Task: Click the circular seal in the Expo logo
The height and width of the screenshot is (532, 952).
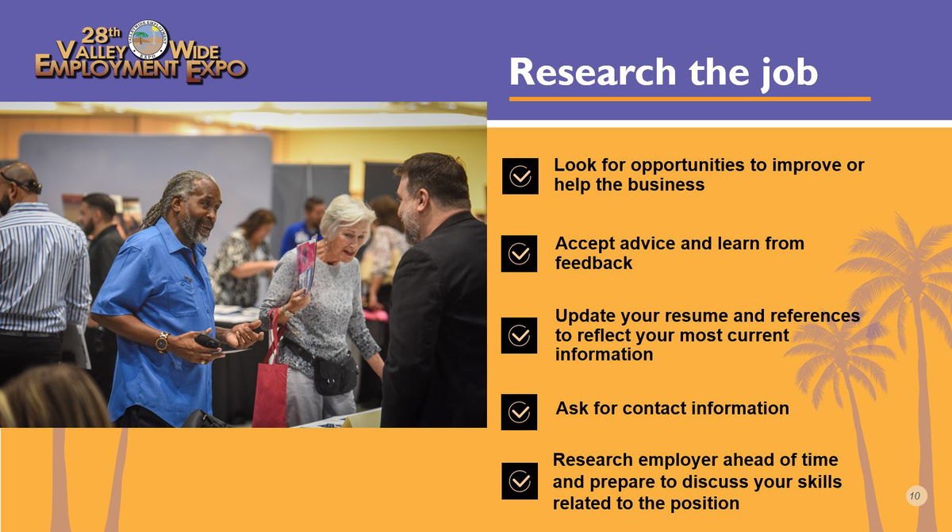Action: [148, 40]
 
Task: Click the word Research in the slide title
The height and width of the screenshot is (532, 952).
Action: [593, 72]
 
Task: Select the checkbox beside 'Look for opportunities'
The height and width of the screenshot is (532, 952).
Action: [520, 176]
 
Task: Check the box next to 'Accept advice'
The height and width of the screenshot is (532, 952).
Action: [519, 254]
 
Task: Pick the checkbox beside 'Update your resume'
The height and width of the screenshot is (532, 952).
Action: [519, 336]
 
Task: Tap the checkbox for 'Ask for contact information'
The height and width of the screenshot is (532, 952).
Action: [519, 412]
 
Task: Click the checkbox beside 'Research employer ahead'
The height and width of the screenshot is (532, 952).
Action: [520, 481]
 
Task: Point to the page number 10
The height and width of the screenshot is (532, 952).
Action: [916, 495]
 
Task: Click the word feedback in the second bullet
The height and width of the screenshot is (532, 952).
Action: [593, 264]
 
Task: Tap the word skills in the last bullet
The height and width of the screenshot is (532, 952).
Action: [820, 482]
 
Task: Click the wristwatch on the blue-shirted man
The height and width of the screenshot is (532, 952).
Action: [162, 342]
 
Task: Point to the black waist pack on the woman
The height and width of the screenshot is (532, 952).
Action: [336, 374]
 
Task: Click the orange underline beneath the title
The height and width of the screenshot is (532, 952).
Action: [689, 99]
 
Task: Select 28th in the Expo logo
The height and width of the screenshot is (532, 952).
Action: [101, 35]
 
